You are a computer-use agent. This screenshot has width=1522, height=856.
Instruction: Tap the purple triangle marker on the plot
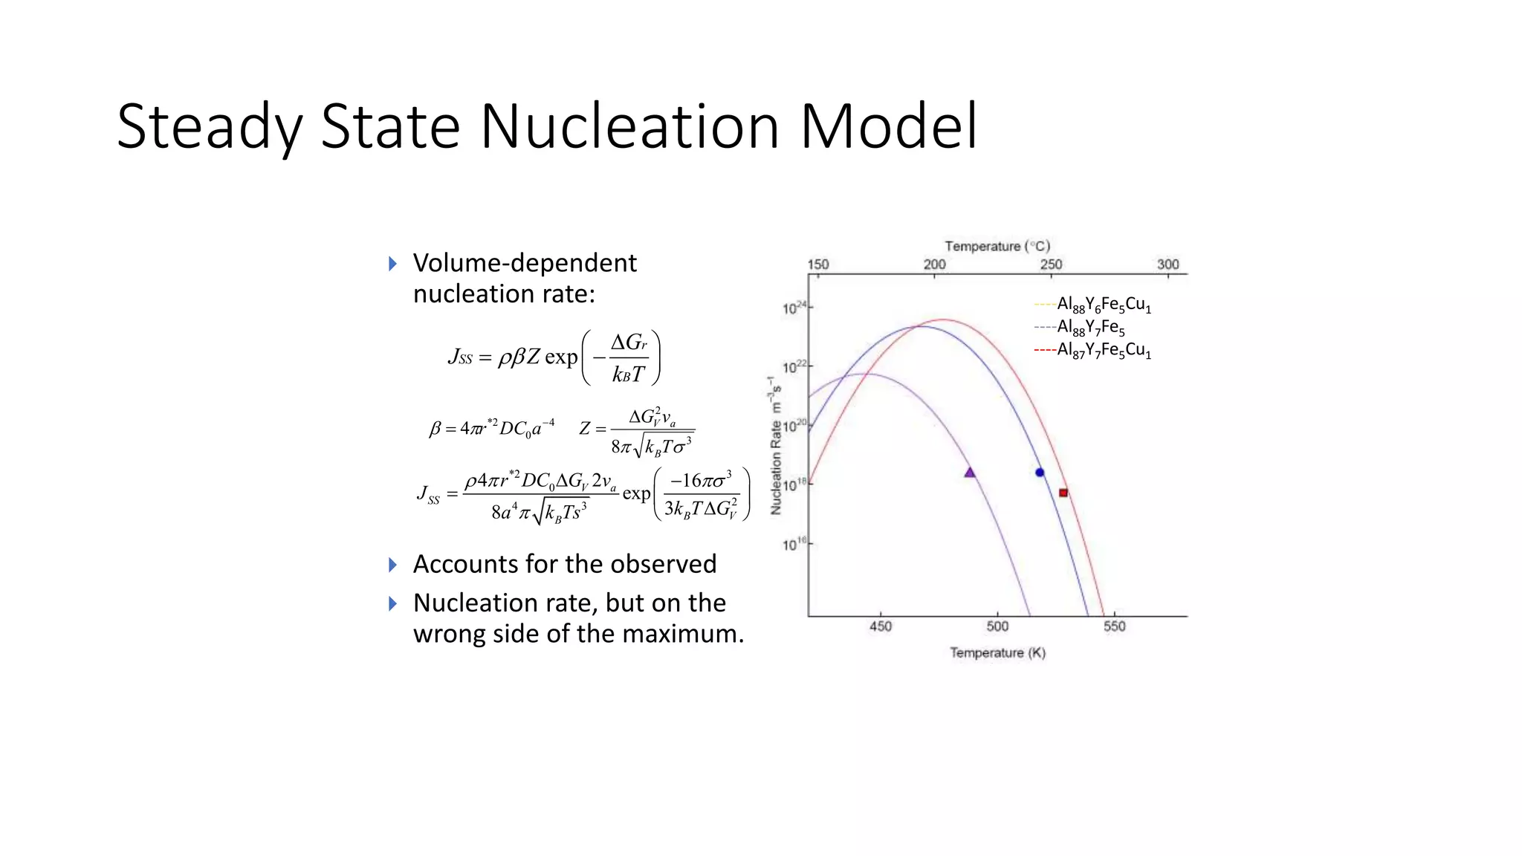click(x=969, y=473)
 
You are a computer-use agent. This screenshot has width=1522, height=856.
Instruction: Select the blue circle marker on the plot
click(x=1040, y=473)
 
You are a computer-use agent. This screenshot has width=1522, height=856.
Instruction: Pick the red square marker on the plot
click(x=1063, y=493)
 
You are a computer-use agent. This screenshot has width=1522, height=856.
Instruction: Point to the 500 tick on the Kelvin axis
click(x=997, y=626)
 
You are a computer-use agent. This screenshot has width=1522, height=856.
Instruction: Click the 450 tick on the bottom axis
click(x=881, y=626)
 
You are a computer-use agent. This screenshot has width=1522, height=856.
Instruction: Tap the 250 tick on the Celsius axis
click(x=1051, y=265)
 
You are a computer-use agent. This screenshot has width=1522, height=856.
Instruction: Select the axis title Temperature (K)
click(x=997, y=653)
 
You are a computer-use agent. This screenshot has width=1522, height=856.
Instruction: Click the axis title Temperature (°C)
click(x=997, y=246)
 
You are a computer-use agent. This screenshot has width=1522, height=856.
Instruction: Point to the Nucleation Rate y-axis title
click(x=776, y=446)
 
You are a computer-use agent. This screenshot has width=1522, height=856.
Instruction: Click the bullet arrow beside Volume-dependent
click(x=393, y=264)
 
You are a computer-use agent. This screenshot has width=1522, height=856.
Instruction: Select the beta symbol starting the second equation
click(x=435, y=429)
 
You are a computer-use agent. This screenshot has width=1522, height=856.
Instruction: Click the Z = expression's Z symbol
click(x=585, y=429)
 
